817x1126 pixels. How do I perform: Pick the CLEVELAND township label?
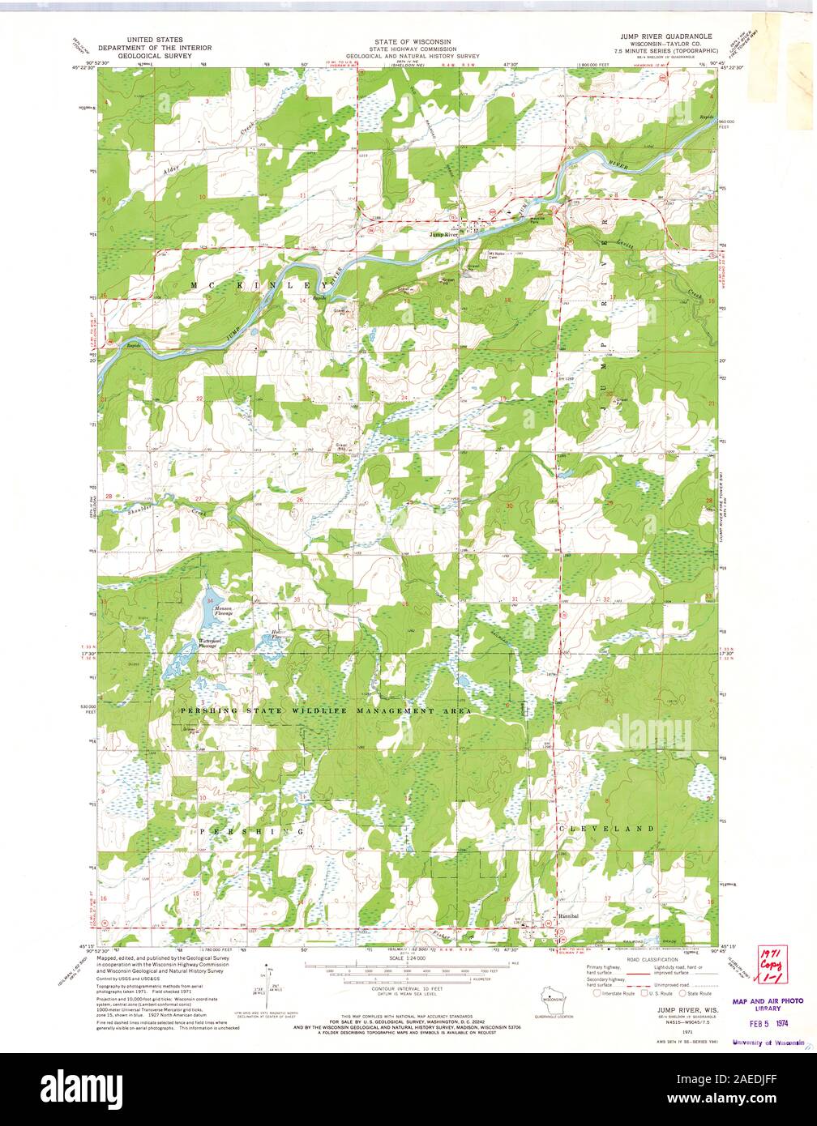[x=605, y=829]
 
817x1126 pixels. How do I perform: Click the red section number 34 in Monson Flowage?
[x=210, y=600]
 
